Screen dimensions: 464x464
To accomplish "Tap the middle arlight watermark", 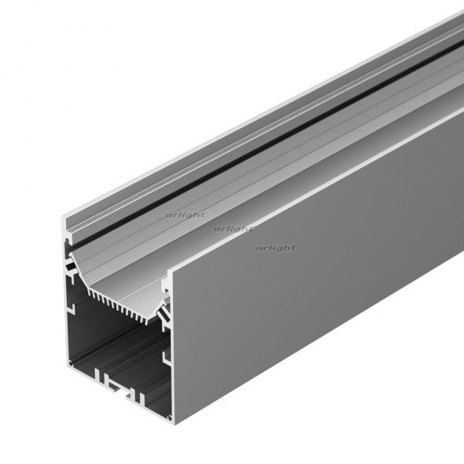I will (x=233, y=229).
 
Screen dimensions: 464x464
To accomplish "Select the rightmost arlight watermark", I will (x=275, y=248).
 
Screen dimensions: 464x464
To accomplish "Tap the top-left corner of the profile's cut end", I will (x=64, y=223).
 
